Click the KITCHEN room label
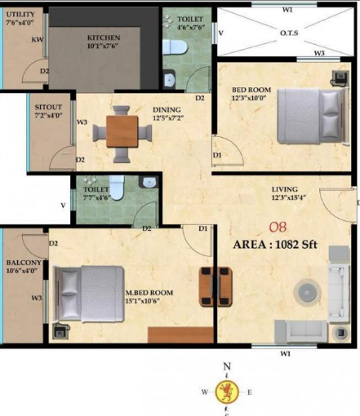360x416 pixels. pyautogui.click(x=104, y=38)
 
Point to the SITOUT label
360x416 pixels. pyautogui.click(x=47, y=107)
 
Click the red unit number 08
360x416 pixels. pyautogui.click(x=278, y=228)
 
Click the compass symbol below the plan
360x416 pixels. pyautogui.click(x=227, y=391)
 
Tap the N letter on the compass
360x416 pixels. pyautogui.click(x=227, y=368)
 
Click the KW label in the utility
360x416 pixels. pyautogui.click(x=38, y=39)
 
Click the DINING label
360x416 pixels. pyautogui.click(x=167, y=110)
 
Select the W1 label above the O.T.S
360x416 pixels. pyautogui.click(x=287, y=11)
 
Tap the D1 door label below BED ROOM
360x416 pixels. pyautogui.click(x=216, y=154)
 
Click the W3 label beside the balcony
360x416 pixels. pyautogui.click(x=37, y=299)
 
